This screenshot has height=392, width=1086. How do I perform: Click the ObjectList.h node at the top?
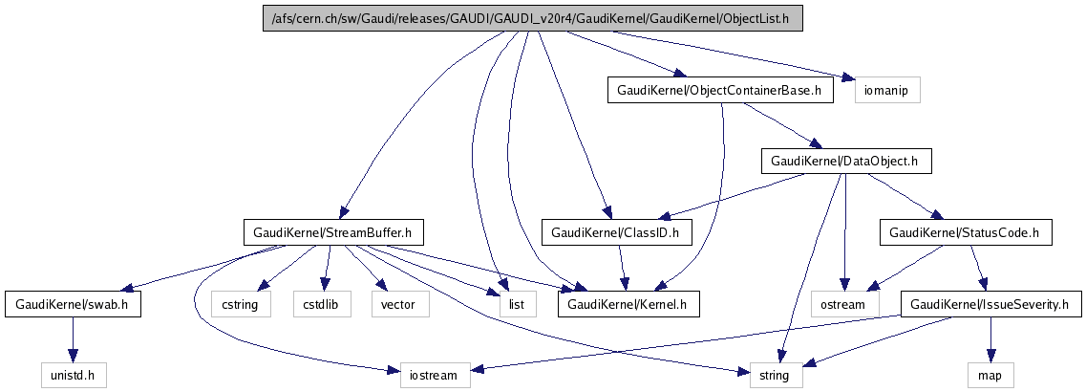532,19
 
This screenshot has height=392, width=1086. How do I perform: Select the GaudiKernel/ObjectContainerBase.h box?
719,91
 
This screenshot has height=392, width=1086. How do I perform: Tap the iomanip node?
887,91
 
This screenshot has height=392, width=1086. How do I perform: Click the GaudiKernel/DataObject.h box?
844,162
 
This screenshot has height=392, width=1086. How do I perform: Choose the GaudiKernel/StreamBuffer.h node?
333,232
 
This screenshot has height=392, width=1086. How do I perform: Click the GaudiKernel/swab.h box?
73,305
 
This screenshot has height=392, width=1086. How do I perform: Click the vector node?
399,305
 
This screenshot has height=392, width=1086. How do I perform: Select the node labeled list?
517,305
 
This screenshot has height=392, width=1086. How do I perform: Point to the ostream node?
844,305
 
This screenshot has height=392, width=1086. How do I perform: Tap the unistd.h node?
73,376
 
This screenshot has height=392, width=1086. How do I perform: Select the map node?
990,376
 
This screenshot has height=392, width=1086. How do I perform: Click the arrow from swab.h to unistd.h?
73,340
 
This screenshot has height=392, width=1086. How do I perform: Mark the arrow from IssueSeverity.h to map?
990,340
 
